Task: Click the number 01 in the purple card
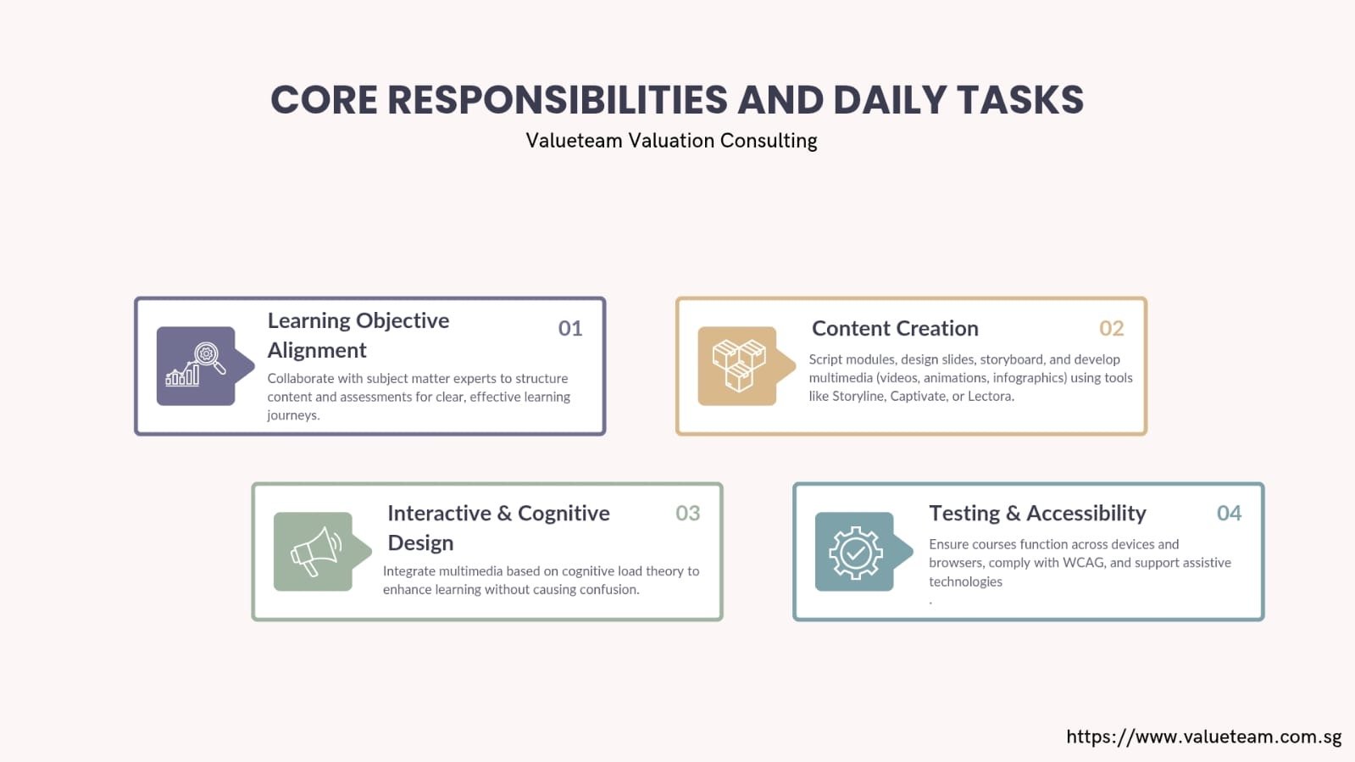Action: coord(569,328)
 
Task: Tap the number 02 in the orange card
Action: coord(1111,328)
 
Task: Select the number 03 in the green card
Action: coord(688,514)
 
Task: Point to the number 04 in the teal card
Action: coord(1230,514)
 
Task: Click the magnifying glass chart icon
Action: coord(196,364)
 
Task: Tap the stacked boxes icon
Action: coord(738,365)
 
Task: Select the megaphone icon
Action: coord(316,551)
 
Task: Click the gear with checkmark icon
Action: coord(855,553)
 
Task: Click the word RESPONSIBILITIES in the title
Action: coord(557,100)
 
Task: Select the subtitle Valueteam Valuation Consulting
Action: coord(671,141)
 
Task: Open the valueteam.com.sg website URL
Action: coord(1204,737)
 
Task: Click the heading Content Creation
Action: coord(895,328)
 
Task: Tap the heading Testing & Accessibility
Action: coord(1037,514)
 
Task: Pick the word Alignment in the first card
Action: coord(317,350)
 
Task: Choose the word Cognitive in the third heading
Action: coord(564,514)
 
